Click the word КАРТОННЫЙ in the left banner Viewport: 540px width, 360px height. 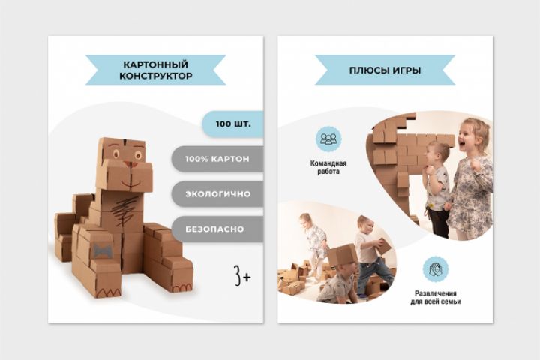click(x=156, y=64)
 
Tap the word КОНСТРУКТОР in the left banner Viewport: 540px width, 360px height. click(x=156, y=76)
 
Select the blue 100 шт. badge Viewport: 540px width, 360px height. click(x=232, y=124)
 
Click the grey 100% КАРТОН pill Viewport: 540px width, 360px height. click(x=217, y=159)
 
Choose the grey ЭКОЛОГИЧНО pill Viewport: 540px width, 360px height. click(x=217, y=194)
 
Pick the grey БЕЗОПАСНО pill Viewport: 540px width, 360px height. click(x=217, y=229)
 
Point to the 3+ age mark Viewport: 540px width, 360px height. click(x=242, y=275)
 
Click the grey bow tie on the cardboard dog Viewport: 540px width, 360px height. click(x=101, y=250)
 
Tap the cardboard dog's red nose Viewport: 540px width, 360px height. click(x=128, y=164)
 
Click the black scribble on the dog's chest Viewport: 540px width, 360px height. click(x=126, y=211)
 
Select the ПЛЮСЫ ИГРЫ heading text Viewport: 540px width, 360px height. click(x=385, y=70)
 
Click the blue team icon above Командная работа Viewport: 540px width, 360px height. click(x=328, y=139)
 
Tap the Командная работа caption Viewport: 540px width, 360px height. click(x=328, y=167)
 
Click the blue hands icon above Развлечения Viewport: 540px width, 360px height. click(x=435, y=268)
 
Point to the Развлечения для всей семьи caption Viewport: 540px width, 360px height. click(x=435, y=297)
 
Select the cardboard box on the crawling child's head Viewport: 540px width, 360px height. click(x=342, y=253)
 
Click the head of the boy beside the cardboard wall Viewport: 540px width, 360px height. click(x=437, y=154)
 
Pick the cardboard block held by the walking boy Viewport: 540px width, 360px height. click(x=385, y=246)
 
